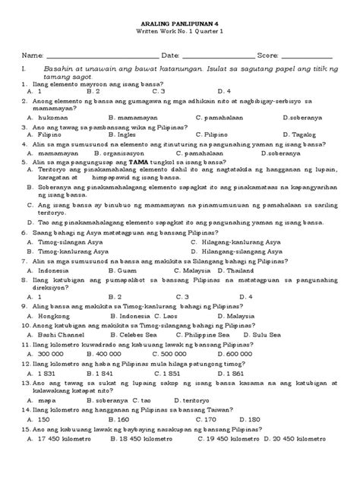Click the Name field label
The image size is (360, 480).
click(31, 55)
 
